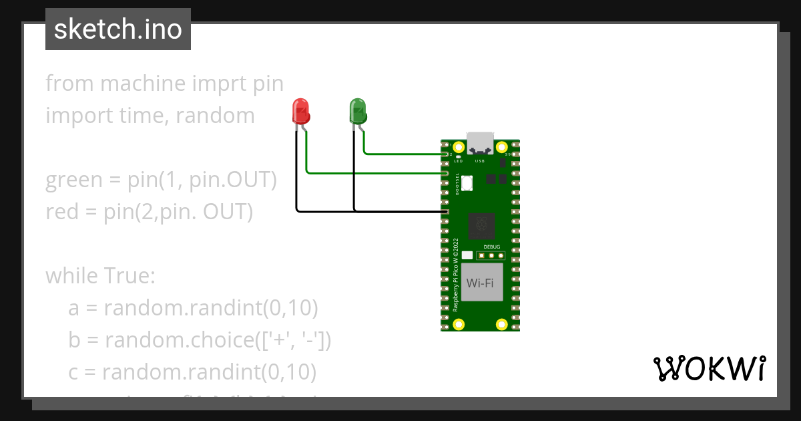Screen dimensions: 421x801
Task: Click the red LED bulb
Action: pyautogui.click(x=302, y=111)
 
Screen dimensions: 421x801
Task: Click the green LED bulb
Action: pyautogui.click(x=358, y=111)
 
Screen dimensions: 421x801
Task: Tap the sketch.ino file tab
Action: pyautogui.click(x=118, y=29)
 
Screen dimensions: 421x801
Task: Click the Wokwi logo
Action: pyautogui.click(x=708, y=368)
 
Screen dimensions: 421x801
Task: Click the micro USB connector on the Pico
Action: pyautogui.click(x=481, y=144)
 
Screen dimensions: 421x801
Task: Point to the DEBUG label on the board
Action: pyautogui.click(x=491, y=247)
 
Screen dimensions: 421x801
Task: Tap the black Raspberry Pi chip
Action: pyautogui.click(x=481, y=225)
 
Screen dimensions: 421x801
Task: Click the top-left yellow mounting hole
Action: pyautogui.click(x=459, y=148)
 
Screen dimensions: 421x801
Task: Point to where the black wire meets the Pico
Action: pyautogui.click(x=445, y=213)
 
